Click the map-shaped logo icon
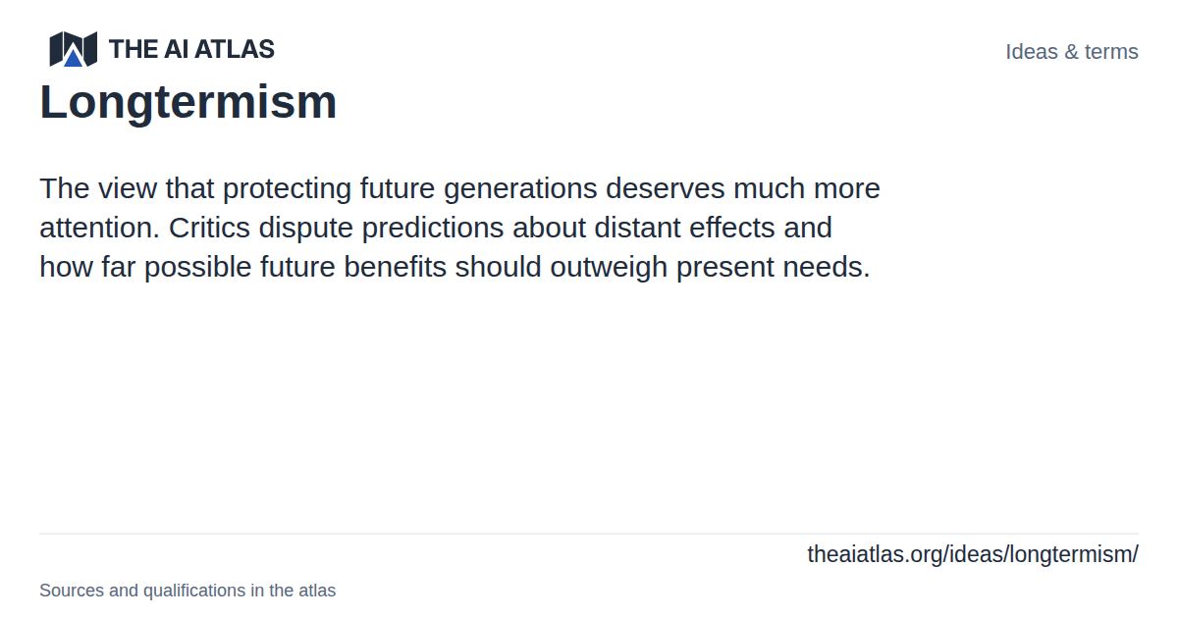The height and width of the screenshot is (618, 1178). tap(73, 49)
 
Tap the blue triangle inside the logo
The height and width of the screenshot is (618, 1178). tap(73, 58)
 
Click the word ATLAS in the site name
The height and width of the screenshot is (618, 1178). tap(235, 49)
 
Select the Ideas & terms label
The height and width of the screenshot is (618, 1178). tap(1072, 51)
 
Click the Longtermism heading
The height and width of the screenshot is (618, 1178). tap(188, 102)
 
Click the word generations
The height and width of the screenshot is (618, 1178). tap(520, 188)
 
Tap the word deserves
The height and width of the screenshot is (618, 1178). tap(666, 188)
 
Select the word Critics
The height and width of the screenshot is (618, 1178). tap(209, 228)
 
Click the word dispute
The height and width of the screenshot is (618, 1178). tap(305, 228)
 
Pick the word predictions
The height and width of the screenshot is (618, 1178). tap(433, 228)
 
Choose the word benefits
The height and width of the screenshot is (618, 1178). tap(395, 267)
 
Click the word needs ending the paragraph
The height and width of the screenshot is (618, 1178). tap(827, 267)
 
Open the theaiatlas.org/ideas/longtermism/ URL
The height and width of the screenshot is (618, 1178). tap(973, 554)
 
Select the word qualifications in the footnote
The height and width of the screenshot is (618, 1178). tap(194, 591)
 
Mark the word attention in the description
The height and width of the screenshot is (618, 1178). tap(99, 228)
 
